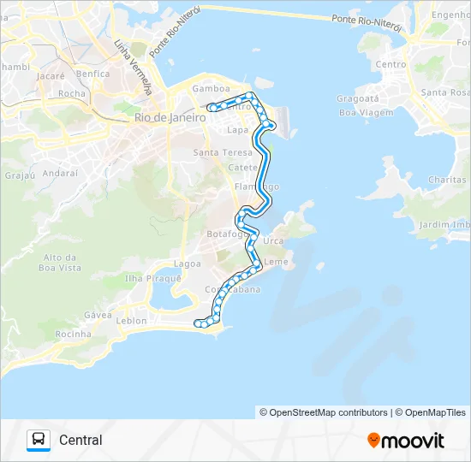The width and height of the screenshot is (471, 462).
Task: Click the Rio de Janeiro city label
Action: (x=170, y=119)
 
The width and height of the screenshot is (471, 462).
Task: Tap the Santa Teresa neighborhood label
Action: (x=218, y=152)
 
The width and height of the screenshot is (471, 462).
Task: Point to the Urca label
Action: (x=274, y=240)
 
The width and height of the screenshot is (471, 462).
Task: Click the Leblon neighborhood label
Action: (x=130, y=321)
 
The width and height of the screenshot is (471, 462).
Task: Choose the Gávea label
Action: (x=98, y=315)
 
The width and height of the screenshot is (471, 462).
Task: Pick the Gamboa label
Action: (x=211, y=88)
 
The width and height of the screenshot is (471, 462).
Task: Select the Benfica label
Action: (x=92, y=74)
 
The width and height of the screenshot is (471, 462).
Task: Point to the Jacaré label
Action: (x=51, y=75)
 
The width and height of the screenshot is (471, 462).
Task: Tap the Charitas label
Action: (x=446, y=180)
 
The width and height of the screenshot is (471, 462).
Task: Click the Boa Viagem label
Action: (x=360, y=112)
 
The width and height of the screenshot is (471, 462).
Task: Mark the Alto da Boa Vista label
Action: (x=61, y=263)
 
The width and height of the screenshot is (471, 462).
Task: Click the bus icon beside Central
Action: (x=39, y=440)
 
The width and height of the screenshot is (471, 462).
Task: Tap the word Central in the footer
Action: (x=80, y=441)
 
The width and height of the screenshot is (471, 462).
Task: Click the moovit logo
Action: (x=406, y=441)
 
